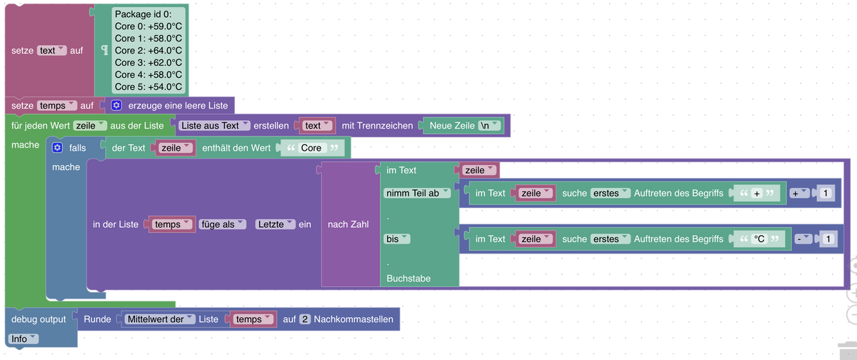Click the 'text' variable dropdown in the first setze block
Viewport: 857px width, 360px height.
(51, 51)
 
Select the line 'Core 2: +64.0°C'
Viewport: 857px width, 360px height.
(148, 51)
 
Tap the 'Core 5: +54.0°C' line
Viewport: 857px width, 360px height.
(148, 86)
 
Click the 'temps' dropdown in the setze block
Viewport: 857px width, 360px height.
(56, 106)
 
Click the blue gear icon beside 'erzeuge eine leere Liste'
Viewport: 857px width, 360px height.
(116, 106)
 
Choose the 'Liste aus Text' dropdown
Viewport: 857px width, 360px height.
(214, 126)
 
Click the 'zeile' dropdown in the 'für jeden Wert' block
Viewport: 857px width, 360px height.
(89, 126)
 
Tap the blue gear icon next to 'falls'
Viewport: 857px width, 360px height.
(59, 148)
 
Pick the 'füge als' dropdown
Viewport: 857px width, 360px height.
(222, 224)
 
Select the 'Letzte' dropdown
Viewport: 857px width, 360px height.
(275, 224)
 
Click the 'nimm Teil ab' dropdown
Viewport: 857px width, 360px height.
(417, 194)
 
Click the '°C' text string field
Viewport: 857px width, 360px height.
(759, 239)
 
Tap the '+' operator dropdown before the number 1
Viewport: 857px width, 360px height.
(798, 194)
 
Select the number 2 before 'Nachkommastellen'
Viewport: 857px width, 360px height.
(304, 319)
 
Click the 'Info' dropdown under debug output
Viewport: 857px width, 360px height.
(24, 339)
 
